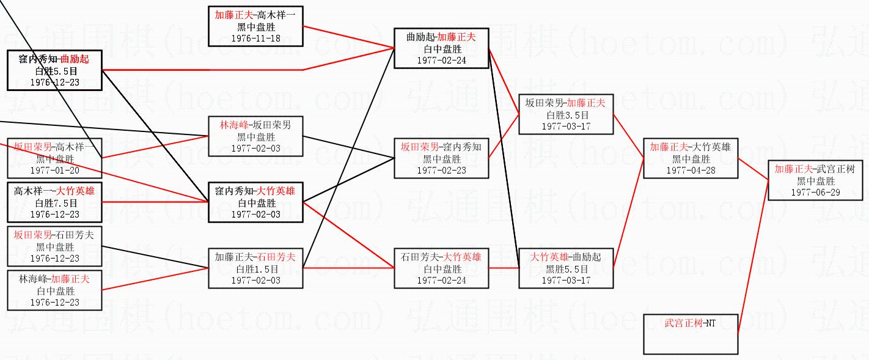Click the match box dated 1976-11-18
pos(255,26)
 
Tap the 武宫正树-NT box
pos(691,334)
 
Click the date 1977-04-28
pos(691,171)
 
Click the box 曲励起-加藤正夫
pos(441,48)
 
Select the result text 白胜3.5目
pos(566,115)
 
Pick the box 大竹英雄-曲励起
pos(566,268)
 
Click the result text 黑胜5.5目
pos(566,269)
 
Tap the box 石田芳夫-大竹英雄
pos(441,268)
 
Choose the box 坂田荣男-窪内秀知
pos(441,158)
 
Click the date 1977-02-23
pos(441,171)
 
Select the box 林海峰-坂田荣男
pos(255,136)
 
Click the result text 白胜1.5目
pos(255,269)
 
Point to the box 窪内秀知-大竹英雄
pos(255,202)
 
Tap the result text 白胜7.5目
pos(55,203)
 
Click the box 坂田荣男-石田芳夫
pos(55,246)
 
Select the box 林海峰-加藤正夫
pos(55,290)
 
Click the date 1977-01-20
pos(55,171)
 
